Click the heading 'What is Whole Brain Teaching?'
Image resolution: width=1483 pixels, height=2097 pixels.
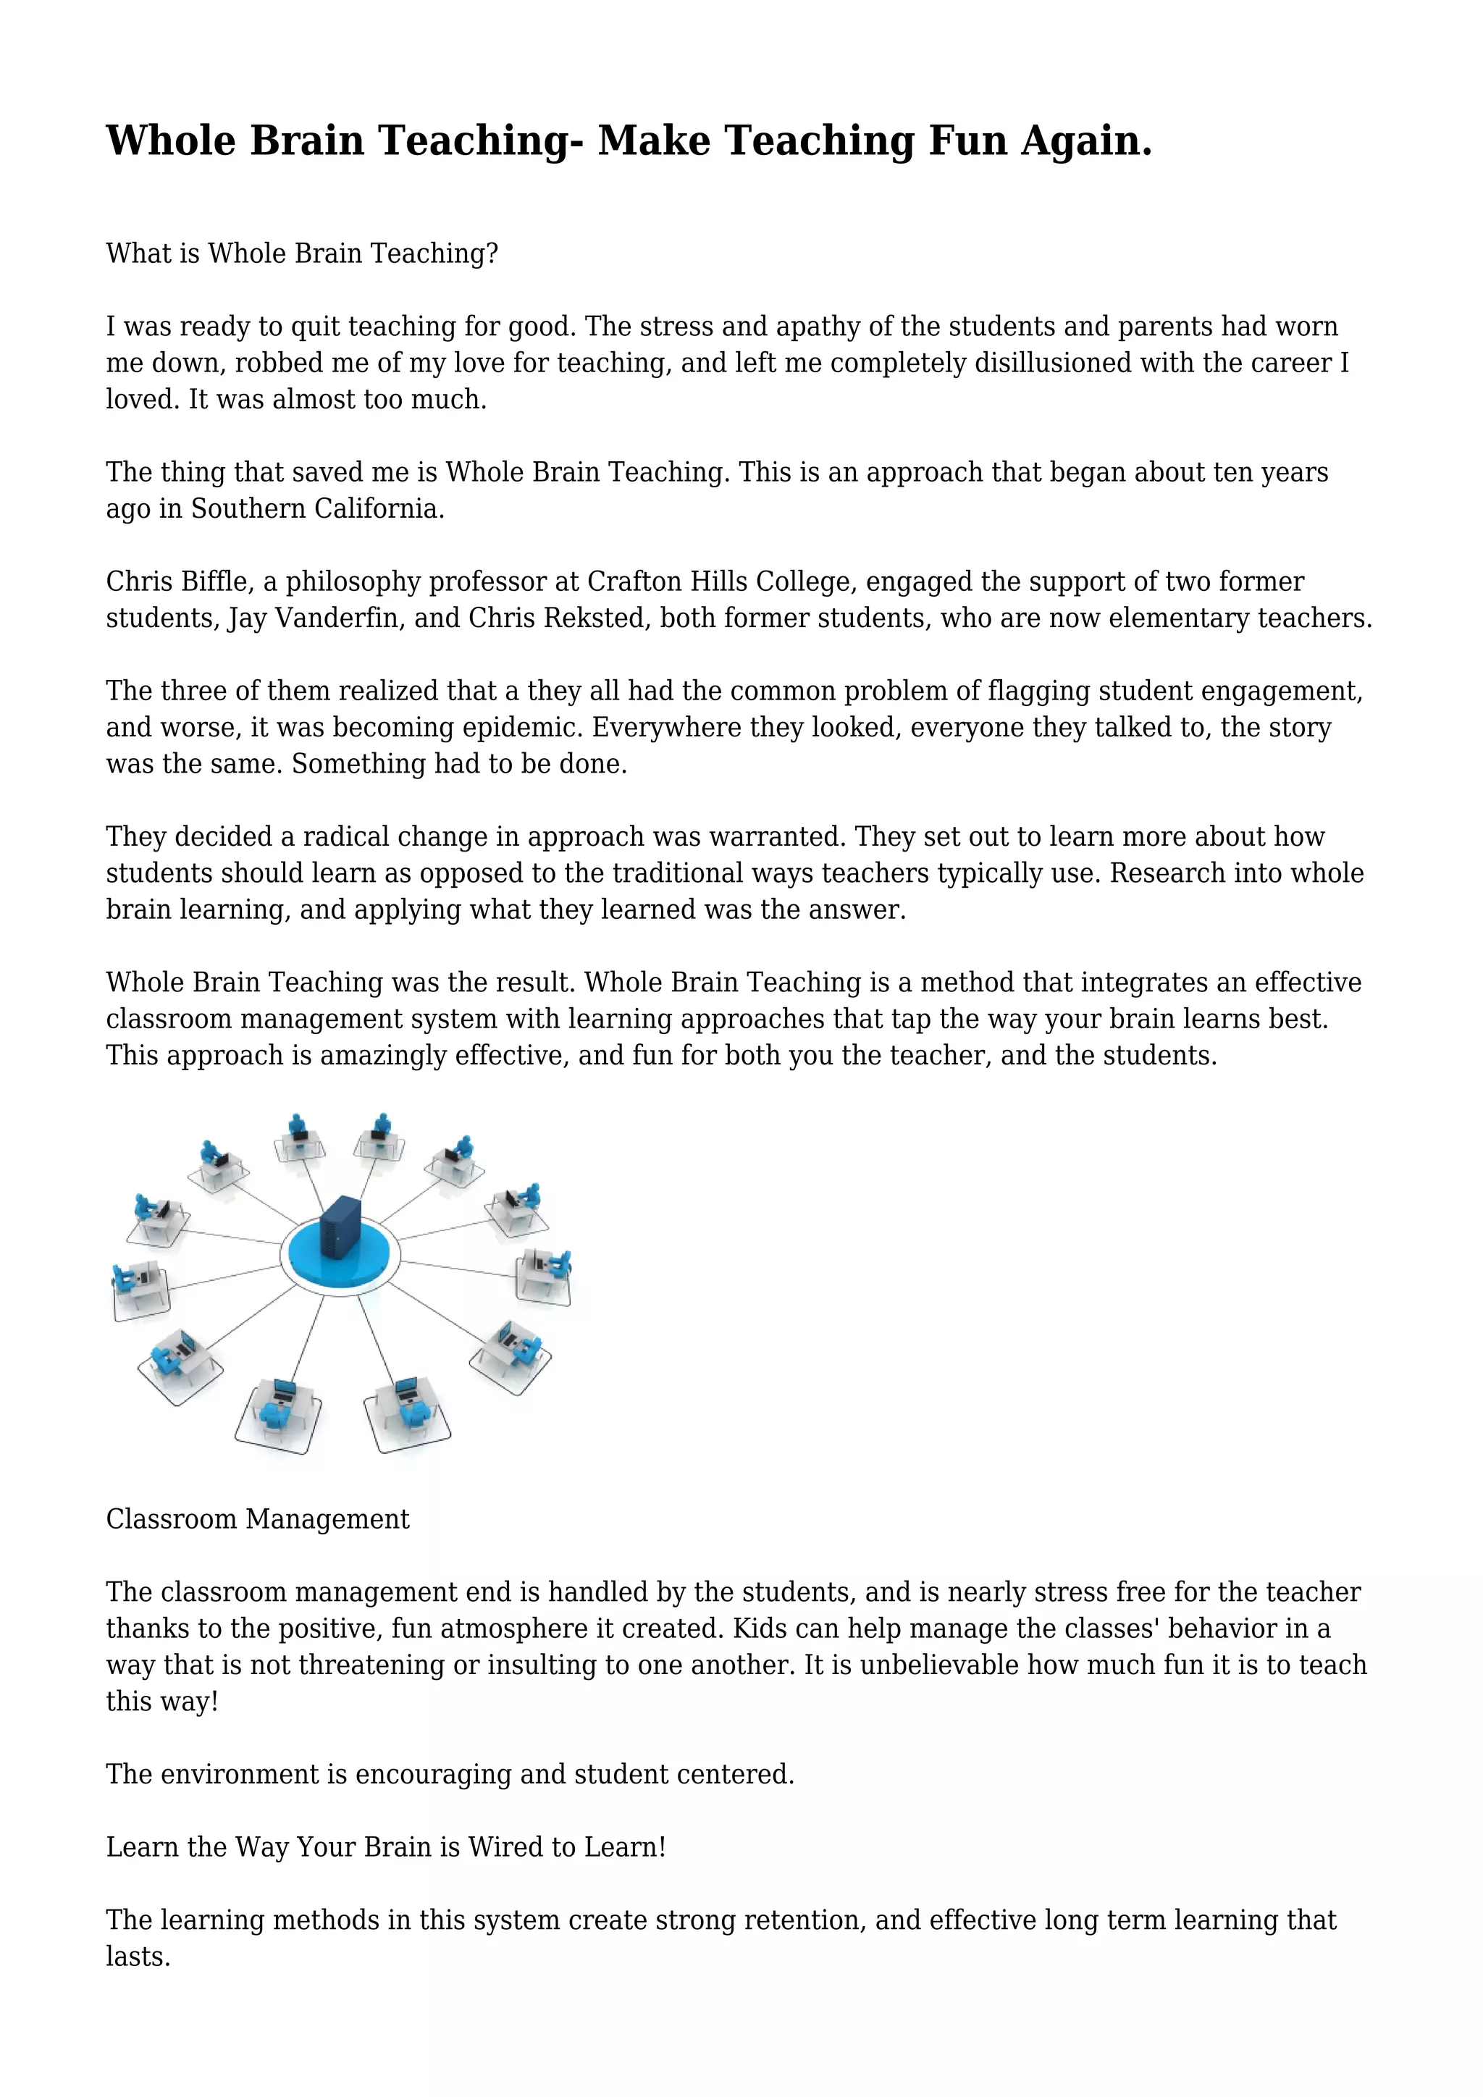[301, 253]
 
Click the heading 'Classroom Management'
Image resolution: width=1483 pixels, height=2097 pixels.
[258, 1519]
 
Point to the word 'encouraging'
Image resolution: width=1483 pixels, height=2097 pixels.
[434, 1775]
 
